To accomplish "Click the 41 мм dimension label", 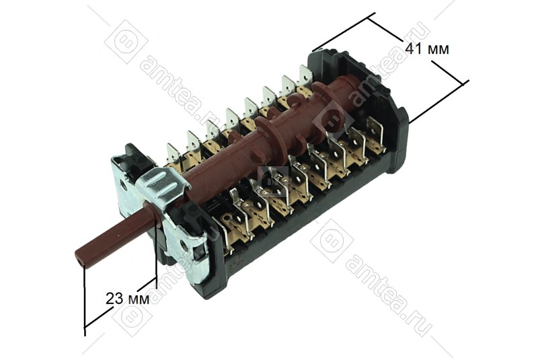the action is pyautogui.click(x=426, y=49).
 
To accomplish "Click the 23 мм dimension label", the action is pyautogui.click(x=127, y=299).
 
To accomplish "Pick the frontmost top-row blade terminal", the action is pyautogui.click(x=173, y=155).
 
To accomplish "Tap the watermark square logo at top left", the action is pyautogui.click(x=126, y=42).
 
